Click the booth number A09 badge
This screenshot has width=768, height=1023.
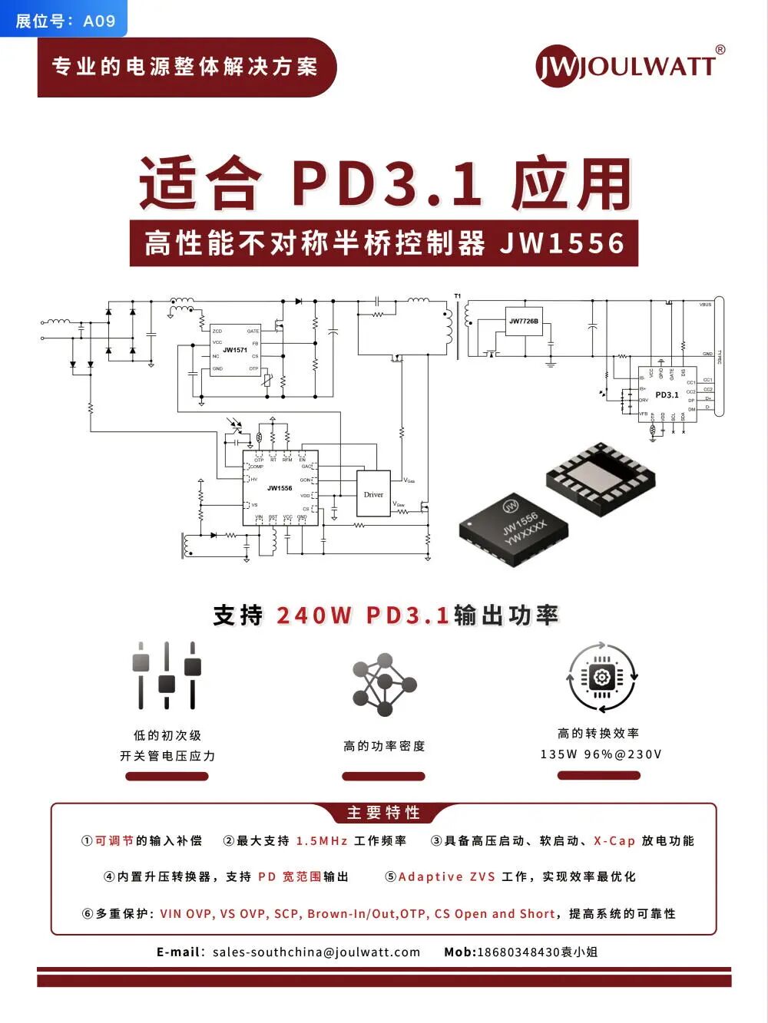tap(65, 20)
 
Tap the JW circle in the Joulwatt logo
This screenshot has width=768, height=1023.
tap(556, 67)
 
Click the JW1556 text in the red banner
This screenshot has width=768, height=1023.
tap(562, 243)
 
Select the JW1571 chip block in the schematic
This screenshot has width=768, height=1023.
tap(235, 350)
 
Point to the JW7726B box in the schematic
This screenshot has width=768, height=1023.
tap(524, 322)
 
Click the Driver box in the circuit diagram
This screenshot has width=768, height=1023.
tap(373, 494)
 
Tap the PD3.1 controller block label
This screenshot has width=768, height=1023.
tap(667, 395)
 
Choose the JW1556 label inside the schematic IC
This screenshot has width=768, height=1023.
tap(280, 488)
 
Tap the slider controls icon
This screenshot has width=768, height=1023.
tap(167, 675)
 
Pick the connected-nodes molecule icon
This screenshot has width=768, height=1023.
tap(384, 685)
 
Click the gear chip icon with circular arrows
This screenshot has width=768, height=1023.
tap(601, 678)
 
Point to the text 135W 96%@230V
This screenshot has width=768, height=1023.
tap(601, 754)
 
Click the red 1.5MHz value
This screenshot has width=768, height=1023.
tap(322, 841)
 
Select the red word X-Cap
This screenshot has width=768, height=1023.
tap(614, 841)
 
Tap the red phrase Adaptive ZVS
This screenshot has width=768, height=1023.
tap(447, 877)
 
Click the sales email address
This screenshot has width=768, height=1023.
tap(316, 952)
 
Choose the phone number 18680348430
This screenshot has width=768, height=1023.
tap(518, 952)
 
